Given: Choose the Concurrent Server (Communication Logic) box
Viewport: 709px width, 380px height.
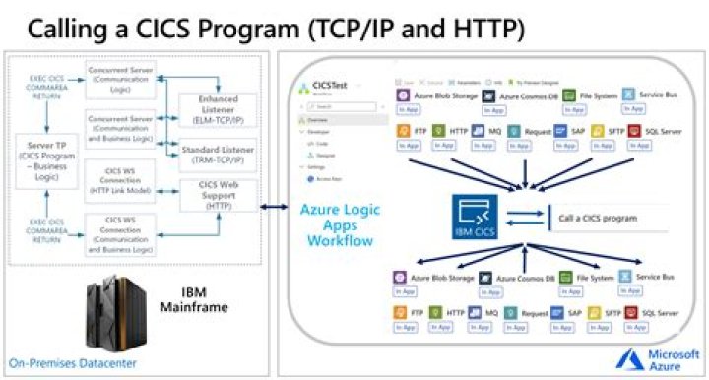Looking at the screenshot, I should click(x=119, y=82).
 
